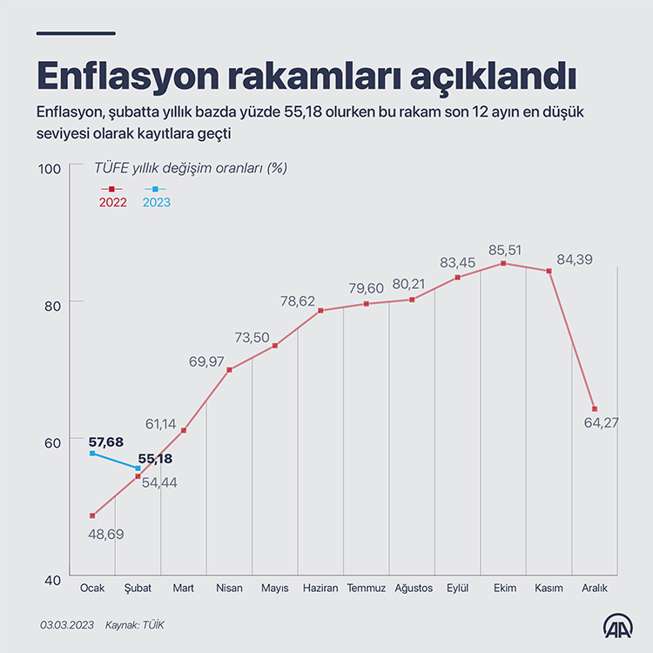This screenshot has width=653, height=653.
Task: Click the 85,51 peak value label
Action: (504, 250)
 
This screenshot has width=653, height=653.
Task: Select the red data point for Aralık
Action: (595, 409)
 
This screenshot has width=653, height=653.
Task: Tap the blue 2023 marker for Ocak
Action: (92, 453)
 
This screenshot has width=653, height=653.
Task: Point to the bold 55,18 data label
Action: (154, 458)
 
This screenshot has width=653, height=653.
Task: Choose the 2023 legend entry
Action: (156, 202)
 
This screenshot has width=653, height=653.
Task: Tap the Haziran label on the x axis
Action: (320, 589)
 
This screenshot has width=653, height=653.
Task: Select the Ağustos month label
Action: (413, 589)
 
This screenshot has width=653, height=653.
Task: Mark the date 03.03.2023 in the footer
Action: (66, 625)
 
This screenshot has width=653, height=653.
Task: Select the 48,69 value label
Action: (106, 534)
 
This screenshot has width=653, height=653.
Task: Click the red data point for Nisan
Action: (229, 370)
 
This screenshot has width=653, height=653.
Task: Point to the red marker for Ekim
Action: (503, 263)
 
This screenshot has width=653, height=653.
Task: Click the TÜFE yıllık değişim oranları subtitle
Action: (191, 168)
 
